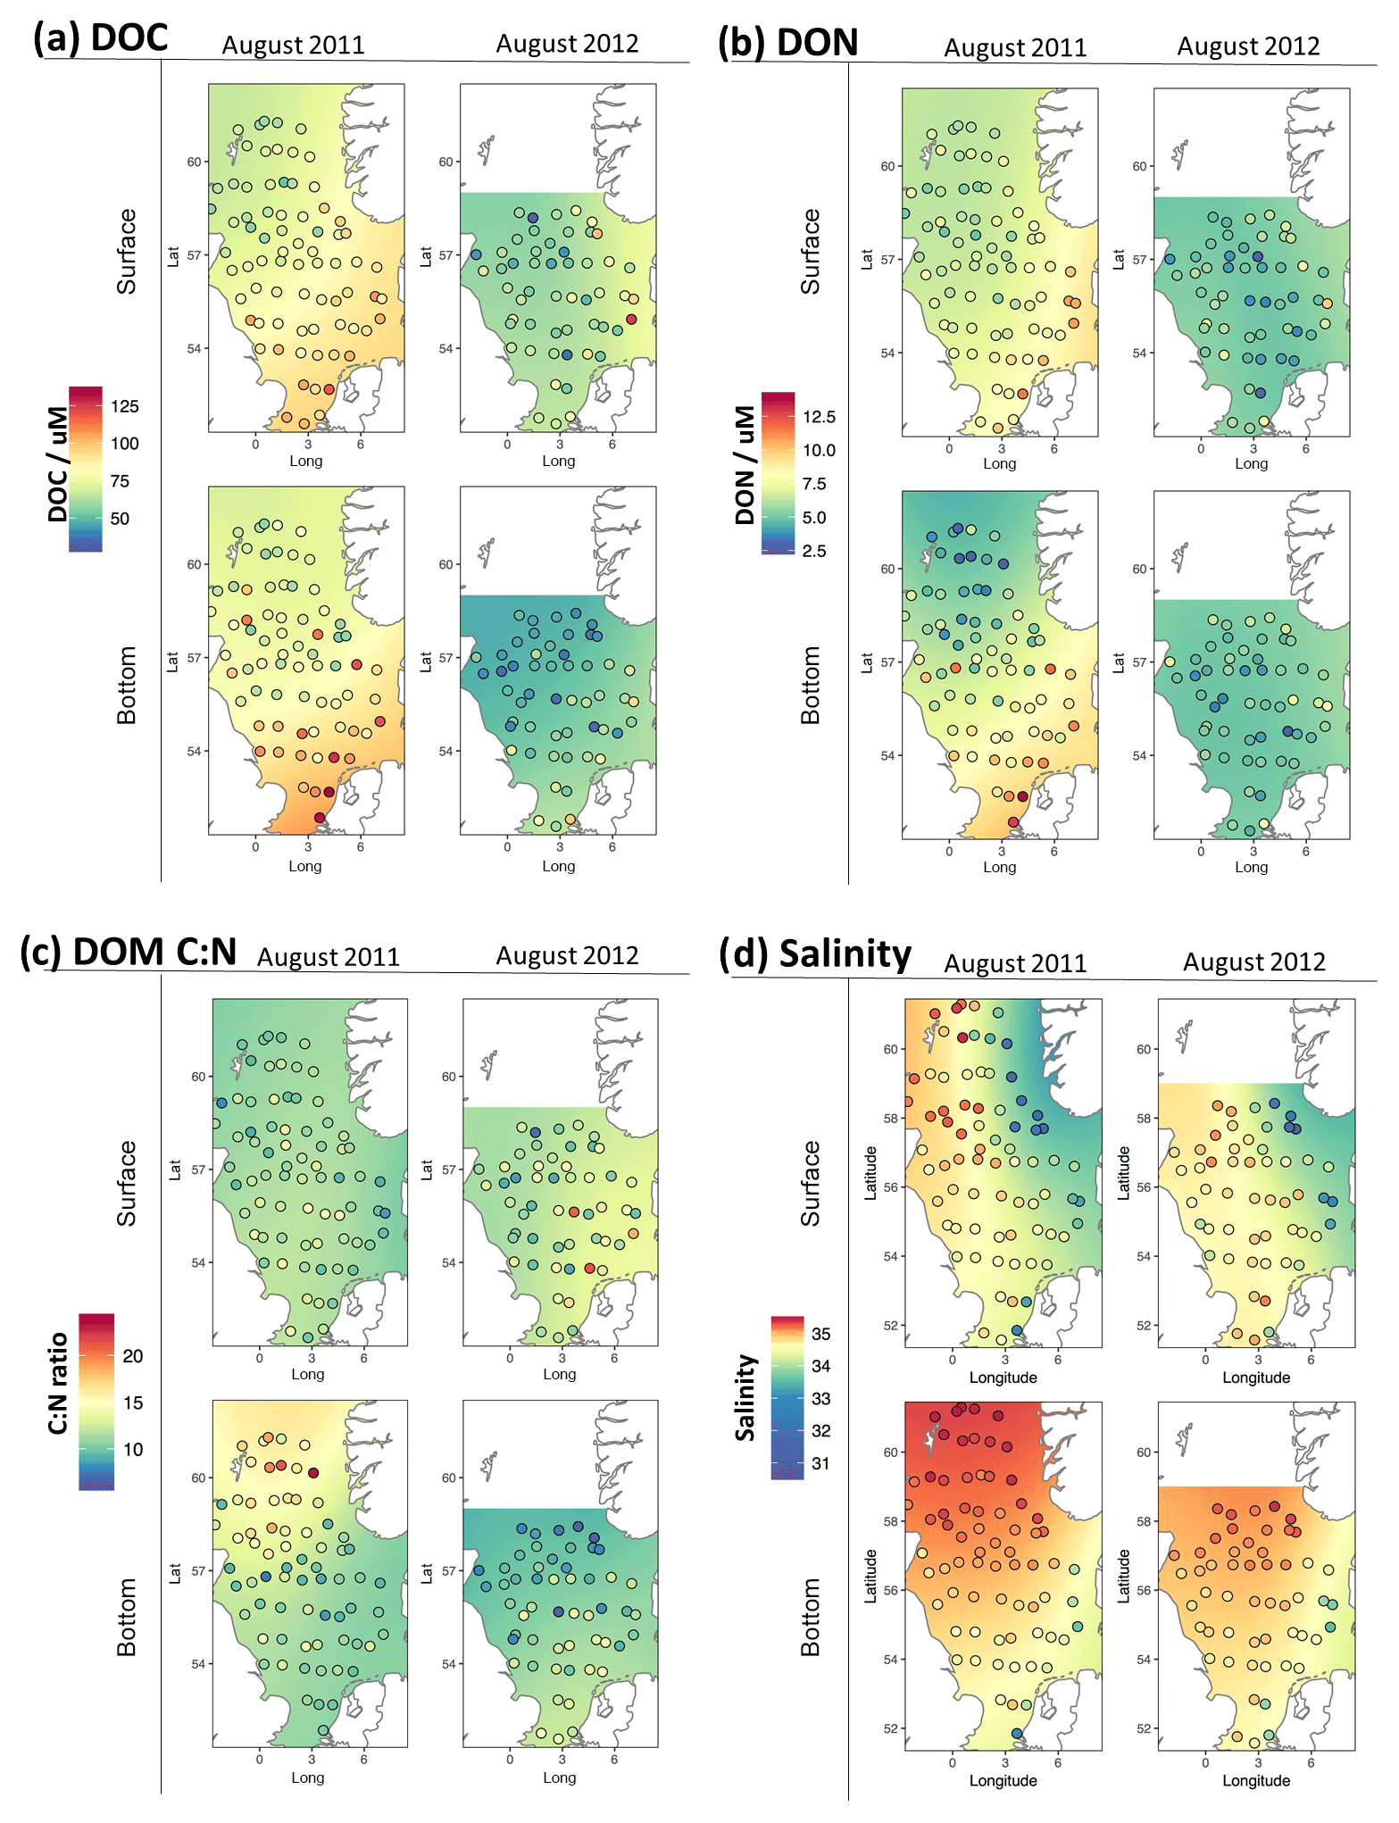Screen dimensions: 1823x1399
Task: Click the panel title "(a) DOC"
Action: pos(100,38)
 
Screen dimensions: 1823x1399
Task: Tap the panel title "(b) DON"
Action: pos(788,43)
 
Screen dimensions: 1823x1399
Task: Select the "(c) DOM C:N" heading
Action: pos(129,952)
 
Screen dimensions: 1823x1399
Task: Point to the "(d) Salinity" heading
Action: pos(815,954)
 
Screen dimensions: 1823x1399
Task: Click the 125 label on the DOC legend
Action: pos(125,407)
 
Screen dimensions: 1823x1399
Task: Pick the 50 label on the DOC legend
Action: pos(120,519)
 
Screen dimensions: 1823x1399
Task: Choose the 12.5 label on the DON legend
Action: pos(819,417)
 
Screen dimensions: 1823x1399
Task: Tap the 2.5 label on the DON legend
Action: pos(814,551)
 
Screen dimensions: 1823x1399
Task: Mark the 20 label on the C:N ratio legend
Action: pos(133,1356)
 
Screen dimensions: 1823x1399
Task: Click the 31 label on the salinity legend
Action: pos(820,1463)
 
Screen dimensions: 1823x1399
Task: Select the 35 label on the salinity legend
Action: pos(820,1334)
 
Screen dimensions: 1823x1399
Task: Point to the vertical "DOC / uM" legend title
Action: pos(58,464)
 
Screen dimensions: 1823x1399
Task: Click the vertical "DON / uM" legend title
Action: pos(745,465)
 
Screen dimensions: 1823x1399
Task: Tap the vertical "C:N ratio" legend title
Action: pos(58,1383)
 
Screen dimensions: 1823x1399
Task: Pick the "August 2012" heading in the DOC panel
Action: pos(567,44)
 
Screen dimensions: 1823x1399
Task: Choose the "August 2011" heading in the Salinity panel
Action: pos(1015,964)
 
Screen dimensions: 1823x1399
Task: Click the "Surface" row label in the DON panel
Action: pos(810,252)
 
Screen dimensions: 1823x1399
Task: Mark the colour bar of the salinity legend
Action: pos(787,1397)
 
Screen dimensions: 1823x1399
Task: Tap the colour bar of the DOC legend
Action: pos(86,469)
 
